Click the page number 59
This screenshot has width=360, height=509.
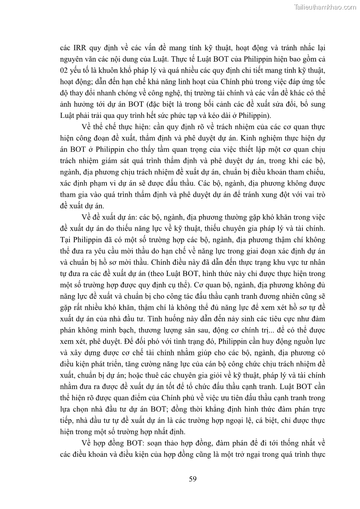[192, 479]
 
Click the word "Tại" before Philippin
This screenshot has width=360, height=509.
[66, 238]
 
